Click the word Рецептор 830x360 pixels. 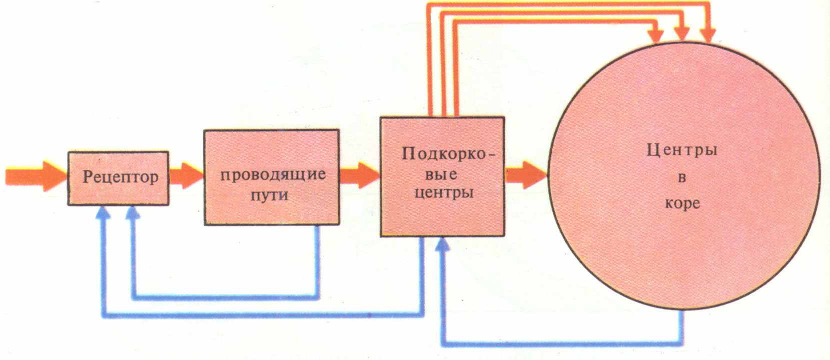click(120, 177)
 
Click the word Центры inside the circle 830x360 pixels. click(681, 150)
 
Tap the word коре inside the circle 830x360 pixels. click(682, 204)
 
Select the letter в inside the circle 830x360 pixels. click(681, 177)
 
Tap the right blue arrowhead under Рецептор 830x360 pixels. click(133, 214)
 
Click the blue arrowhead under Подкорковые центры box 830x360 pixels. click(442, 245)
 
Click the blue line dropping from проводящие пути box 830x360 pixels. click(317, 260)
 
